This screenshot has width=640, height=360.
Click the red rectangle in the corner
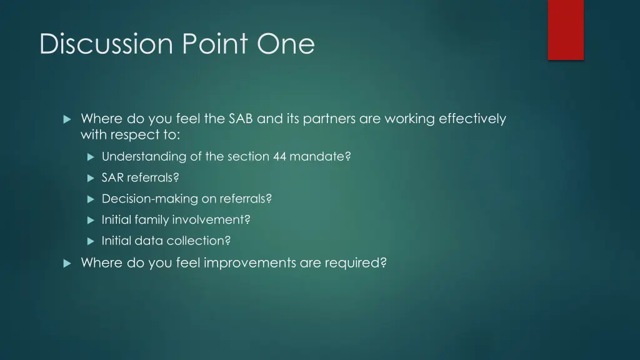pyautogui.click(x=566, y=29)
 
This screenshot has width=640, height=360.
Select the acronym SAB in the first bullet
pyautogui.click(x=241, y=119)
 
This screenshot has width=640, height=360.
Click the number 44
pyautogui.click(x=279, y=157)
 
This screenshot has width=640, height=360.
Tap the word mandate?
pyautogui.click(x=320, y=157)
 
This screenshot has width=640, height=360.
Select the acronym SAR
pyautogui.click(x=112, y=178)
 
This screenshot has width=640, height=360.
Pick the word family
pyautogui.click(x=152, y=220)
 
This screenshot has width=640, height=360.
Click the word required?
pyautogui.click(x=356, y=263)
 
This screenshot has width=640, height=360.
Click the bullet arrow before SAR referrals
pyautogui.click(x=90, y=178)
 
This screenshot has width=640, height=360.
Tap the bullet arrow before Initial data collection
pyautogui.click(x=90, y=241)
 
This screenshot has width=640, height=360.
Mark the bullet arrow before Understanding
pyautogui.click(x=90, y=157)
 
